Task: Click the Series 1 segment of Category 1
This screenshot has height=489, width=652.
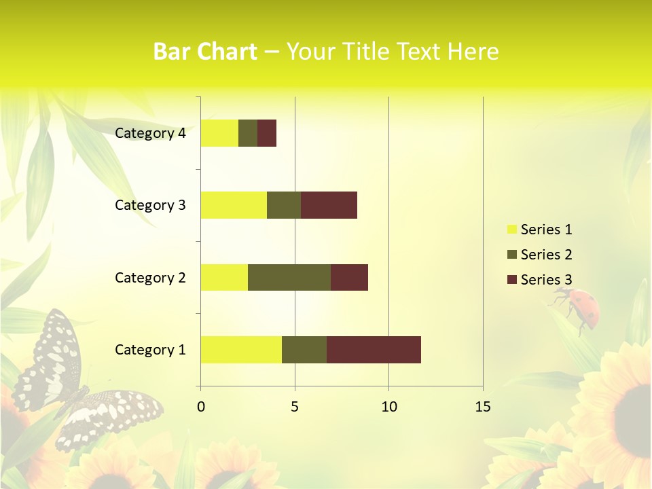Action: [241, 350]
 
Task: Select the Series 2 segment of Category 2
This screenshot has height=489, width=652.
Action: [289, 277]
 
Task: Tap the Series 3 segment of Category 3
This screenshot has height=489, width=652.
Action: [329, 205]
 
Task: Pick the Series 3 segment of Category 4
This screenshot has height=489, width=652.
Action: [267, 133]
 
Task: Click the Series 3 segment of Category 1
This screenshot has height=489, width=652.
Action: [374, 350]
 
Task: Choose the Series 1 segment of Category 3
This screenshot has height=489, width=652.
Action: [234, 205]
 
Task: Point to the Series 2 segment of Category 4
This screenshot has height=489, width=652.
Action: [248, 133]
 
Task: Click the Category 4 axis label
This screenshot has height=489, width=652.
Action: [150, 133]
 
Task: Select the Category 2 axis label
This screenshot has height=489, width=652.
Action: [150, 277]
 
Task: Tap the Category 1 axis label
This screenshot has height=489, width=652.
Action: [150, 350]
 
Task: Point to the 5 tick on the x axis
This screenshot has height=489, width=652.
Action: [295, 407]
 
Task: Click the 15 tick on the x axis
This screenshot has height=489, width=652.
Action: [482, 407]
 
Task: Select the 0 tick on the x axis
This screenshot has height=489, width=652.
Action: [201, 407]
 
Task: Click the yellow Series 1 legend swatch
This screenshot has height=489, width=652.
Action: [511, 230]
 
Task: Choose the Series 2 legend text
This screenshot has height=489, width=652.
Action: [546, 255]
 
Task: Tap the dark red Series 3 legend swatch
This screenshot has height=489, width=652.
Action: [511, 280]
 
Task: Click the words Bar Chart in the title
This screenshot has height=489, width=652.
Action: [205, 52]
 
